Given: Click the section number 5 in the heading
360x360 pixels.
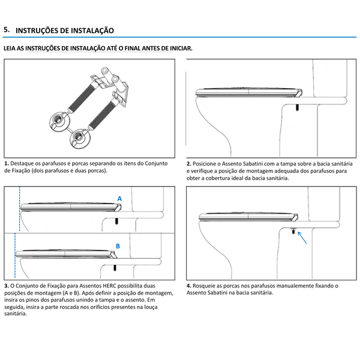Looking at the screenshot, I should point(6,29).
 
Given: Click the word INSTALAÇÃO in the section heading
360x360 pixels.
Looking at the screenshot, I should point(89,30).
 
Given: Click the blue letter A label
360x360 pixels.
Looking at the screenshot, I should point(119,198).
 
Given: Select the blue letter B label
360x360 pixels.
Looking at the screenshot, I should point(118,246).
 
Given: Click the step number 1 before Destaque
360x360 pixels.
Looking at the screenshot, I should point(5,163).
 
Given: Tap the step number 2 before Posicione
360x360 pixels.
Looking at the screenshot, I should point(188,163).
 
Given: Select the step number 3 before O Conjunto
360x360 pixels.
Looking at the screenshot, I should point(5,285).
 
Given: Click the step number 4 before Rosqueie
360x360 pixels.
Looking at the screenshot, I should point(188,286).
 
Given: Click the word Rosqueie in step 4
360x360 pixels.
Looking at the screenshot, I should point(205,286).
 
